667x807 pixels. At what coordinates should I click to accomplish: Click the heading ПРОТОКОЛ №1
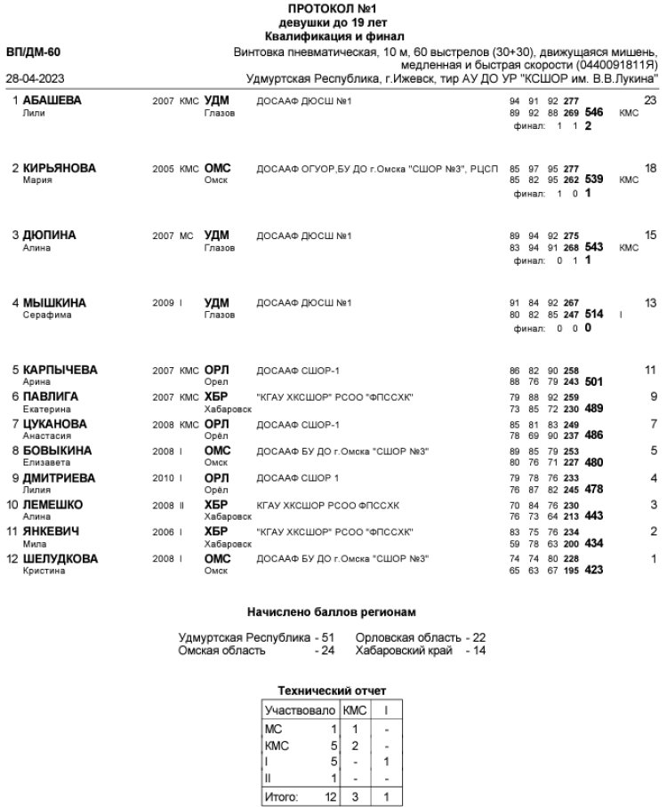333,8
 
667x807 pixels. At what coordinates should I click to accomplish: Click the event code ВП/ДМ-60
33,52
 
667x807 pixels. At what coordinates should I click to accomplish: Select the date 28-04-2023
33,78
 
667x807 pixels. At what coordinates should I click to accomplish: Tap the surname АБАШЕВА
52,101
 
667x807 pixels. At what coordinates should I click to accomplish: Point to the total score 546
594,114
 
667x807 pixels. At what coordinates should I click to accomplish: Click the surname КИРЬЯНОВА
59,168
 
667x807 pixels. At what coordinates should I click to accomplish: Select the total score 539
594,180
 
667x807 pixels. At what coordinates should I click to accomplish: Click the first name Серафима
44,315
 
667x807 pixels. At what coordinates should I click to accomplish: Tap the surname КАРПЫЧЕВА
60,370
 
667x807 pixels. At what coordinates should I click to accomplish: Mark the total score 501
594,382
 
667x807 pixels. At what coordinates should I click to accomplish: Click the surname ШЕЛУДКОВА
60,558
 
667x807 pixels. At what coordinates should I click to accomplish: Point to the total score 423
594,571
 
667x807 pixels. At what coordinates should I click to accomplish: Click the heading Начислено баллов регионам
333,612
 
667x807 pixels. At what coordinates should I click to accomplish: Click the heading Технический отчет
333,689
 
